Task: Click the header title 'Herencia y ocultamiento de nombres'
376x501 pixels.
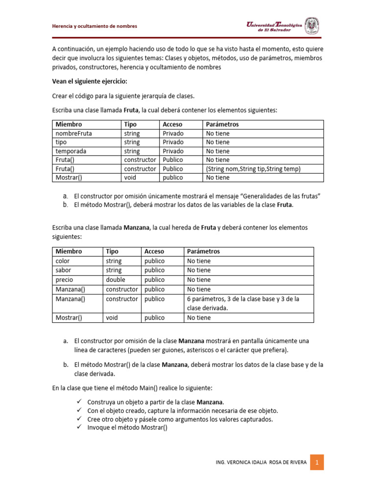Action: (95, 26)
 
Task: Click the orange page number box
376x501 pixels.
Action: (317, 462)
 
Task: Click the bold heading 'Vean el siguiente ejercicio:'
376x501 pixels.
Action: (89, 82)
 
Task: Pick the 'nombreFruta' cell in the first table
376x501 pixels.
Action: (71, 133)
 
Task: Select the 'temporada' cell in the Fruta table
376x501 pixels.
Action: (71, 151)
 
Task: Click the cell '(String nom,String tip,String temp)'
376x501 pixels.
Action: (253, 169)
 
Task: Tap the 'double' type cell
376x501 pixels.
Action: (116, 279)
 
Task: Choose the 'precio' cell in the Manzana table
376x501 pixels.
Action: (64, 279)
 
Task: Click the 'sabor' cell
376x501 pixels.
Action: (64, 270)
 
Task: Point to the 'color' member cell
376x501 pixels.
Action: (64, 261)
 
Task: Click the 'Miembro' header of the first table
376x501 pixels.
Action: (69, 124)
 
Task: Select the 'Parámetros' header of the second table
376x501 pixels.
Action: (204, 251)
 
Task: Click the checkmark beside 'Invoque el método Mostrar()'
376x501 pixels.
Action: (80, 427)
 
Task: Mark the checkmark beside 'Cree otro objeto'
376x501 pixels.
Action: (80, 419)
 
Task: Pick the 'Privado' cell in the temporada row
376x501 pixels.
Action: (173, 151)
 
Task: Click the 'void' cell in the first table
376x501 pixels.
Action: (131, 178)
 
